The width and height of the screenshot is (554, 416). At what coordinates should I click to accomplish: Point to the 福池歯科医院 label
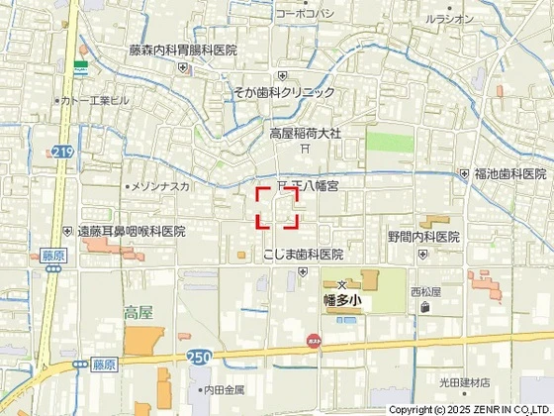point(510,173)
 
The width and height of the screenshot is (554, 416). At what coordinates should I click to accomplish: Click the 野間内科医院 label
point(423,237)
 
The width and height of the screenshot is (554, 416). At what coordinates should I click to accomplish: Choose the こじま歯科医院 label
point(303,255)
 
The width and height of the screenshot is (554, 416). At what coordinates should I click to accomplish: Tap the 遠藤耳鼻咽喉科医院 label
point(133,231)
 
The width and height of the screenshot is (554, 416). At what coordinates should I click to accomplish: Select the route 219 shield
point(63,151)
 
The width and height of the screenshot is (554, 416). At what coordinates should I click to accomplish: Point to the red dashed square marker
point(278,208)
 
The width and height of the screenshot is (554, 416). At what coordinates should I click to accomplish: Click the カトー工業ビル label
point(96,101)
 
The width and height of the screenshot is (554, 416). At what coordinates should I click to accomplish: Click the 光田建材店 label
point(465,382)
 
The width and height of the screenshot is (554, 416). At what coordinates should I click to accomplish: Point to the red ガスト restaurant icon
point(314,340)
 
